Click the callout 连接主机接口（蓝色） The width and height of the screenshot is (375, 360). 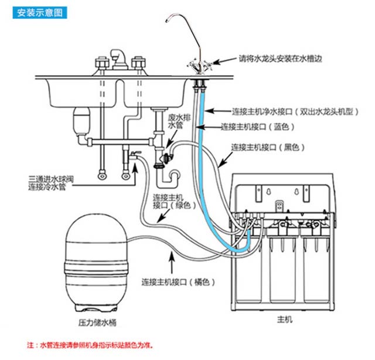pyautogui.click(x=255, y=126)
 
